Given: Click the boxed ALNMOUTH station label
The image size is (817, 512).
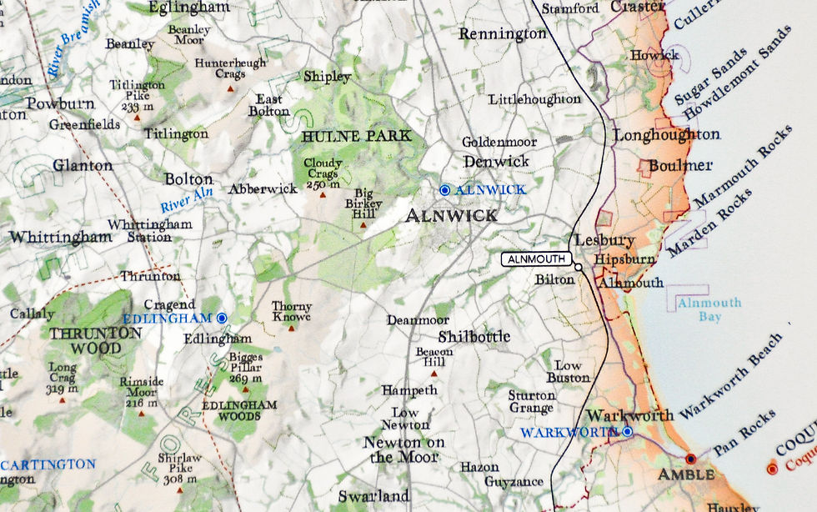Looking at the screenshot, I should [x=536, y=259].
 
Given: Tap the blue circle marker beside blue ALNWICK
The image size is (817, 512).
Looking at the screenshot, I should [x=444, y=190].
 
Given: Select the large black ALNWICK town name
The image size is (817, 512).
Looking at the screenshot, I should [x=451, y=215].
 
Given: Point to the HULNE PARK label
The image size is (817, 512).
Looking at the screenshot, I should [x=357, y=136].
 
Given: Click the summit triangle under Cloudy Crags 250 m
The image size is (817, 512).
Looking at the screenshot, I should [x=323, y=195].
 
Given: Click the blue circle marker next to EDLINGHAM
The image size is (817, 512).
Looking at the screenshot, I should [x=222, y=319].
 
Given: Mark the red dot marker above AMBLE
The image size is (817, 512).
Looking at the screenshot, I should [x=690, y=459].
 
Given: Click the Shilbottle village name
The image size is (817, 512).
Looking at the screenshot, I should [x=474, y=337].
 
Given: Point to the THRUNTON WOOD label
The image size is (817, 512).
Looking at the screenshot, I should [x=86, y=340].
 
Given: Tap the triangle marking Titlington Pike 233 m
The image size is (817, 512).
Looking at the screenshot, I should [x=137, y=118].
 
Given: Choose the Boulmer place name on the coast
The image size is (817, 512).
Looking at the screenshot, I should [x=680, y=165].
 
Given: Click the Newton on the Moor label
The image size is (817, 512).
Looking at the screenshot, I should [x=404, y=449].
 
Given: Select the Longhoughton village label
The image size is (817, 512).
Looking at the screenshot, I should [x=666, y=134].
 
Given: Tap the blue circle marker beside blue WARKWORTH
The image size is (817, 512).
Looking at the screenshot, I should [x=627, y=431].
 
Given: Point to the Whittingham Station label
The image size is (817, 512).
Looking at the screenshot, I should [x=150, y=230].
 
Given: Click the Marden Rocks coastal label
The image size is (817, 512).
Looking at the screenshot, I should [x=709, y=223].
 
